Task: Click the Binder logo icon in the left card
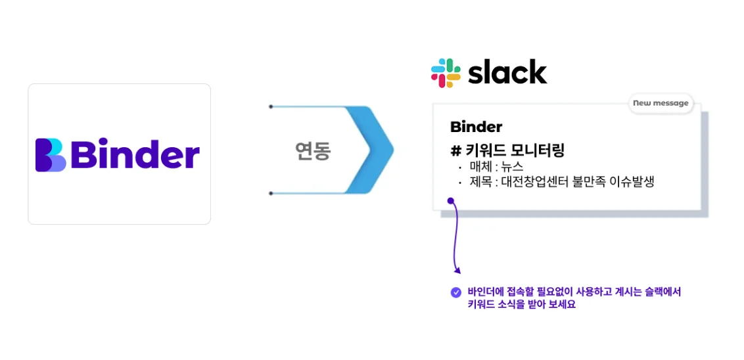pyautogui.click(x=50, y=155)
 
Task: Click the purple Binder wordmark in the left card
pyautogui.click(x=134, y=155)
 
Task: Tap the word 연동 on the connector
pyautogui.click(x=312, y=152)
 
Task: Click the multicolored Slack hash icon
pyautogui.click(x=446, y=73)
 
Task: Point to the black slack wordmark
pyautogui.click(x=507, y=72)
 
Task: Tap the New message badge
pyautogui.click(x=660, y=103)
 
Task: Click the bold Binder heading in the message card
pyautogui.click(x=476, y=127)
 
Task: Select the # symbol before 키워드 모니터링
pyautogui.click(x=455, y=151)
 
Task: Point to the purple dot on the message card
pyautogui.click(x=450, y=201)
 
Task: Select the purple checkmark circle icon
pyautogui.click(x=455, y=292)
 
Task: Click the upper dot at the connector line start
pyautogui.click(x=271, y=106)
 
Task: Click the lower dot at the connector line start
pyautogui.click(x=271, y=194)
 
